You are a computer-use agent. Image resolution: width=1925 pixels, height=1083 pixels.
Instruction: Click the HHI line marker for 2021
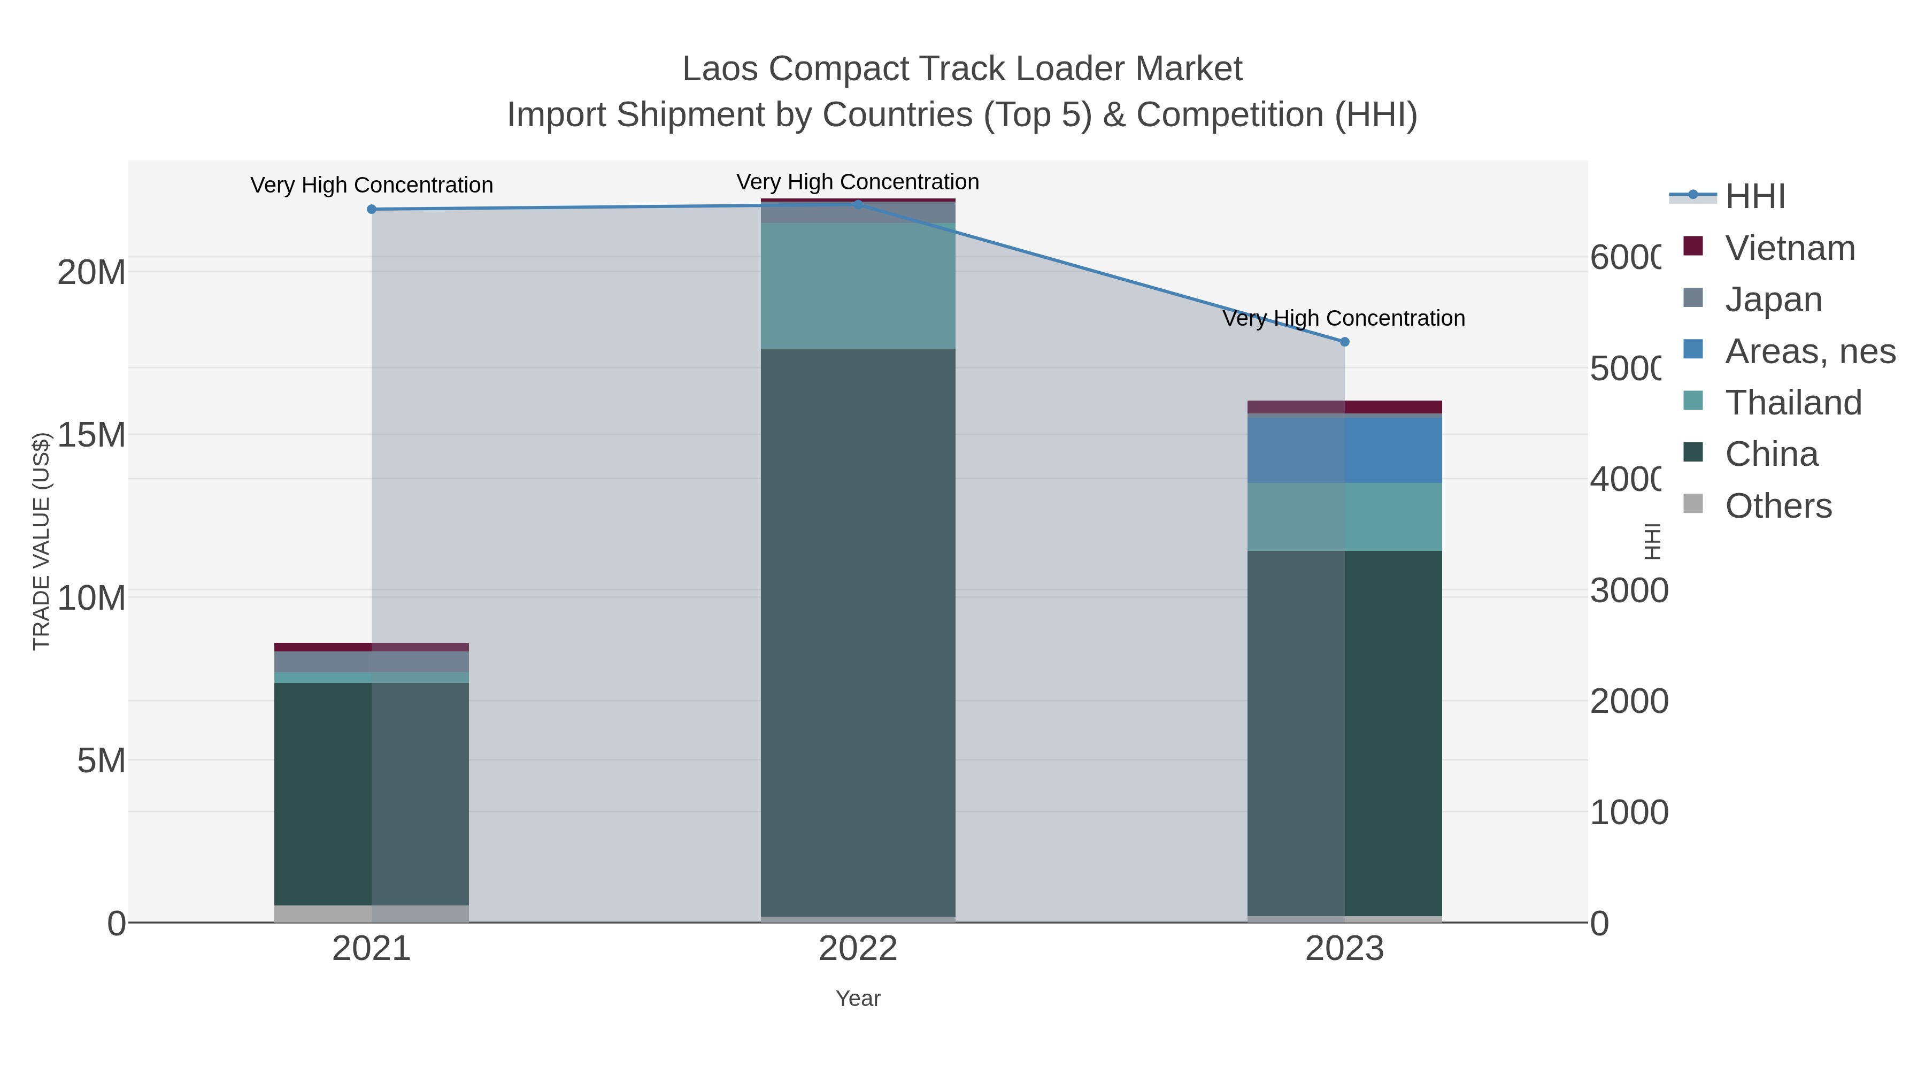point(372,209)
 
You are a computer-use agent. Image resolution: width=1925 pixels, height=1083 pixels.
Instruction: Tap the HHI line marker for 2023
point(1344,342)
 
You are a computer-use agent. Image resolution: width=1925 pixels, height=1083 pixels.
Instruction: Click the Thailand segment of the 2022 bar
point(858,286)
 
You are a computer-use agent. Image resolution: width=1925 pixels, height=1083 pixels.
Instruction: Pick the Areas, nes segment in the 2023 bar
point(1344,450)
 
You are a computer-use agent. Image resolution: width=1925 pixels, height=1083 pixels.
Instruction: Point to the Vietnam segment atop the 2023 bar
point(1344,406)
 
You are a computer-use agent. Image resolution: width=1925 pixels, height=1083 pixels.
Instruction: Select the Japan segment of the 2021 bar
point(372,662)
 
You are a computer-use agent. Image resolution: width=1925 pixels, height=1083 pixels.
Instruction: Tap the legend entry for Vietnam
point(1790,248)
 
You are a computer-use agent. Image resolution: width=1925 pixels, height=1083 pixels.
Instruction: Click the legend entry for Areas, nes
point(1809,351)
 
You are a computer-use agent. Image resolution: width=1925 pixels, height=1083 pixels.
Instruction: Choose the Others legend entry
point(1778,506)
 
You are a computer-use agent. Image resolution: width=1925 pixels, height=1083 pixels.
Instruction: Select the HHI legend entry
point(1754,197)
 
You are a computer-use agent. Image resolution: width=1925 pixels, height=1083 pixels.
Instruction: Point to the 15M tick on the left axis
point(91,435)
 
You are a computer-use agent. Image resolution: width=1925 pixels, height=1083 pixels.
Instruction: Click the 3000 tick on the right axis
point(1628,590)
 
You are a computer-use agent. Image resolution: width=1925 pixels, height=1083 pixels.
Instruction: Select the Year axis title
point(858,998)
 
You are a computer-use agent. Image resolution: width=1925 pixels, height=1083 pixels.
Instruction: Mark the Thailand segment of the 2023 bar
point(1344,517)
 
